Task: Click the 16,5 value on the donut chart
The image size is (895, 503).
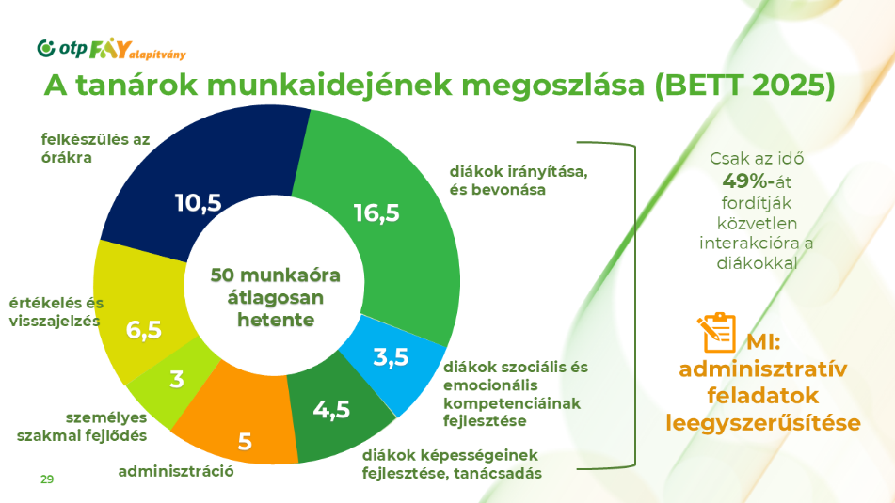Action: pyautogui.click(x=376, y=213)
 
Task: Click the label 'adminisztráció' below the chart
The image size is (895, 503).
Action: pyautogui.click(x=176, y=471)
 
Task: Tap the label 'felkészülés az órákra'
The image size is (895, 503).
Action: pyautogui.click(x=95, y=149)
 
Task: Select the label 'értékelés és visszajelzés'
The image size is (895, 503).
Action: pyautogui.click(x=56, y=312)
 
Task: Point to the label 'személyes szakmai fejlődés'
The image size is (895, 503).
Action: pyautogui.click(x=82, y=427)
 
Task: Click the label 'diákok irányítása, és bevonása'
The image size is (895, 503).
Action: pyautogui.click(x=519, y=181)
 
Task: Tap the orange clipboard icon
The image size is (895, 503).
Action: pyautogui.click(x=716, y=333)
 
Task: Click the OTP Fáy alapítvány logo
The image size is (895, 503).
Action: pyautogui.click(x=111, y=50)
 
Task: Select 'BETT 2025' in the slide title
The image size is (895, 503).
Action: pyautogui.click(x=744, y=86)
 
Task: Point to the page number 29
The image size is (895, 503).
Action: pyautogui.click(x=47, y=479)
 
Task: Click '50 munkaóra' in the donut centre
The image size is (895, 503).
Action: pyautogui.click(x=275, y=275)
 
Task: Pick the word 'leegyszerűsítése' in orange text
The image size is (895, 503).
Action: pyautogui.click(x=763, y=422)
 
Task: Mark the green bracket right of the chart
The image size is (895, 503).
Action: pyautogui.click(x=634, y=306)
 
